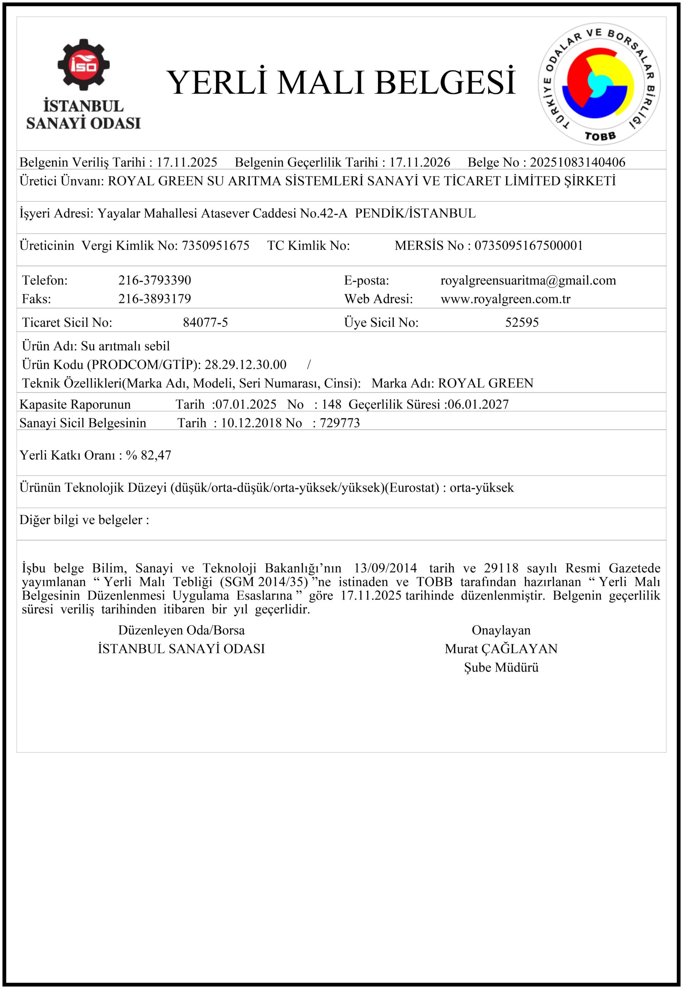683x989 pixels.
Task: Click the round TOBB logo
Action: pyautogui.click(x=599, y=84)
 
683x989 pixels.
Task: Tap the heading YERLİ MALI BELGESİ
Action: pyautogui.click(x=341, y=83)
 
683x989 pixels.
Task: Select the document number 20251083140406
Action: pyautogui.click(x=577, y=162)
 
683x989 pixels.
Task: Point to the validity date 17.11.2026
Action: pyautogui.click(x=419, y=162)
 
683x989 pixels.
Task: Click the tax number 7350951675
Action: pyautogui.click(x=215, y=246)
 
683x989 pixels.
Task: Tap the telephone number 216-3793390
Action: pyautogui.click(x=155, y=280)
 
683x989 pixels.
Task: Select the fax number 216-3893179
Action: pyautogui.click(x=155, y=299)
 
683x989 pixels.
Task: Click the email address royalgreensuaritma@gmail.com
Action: pyautogui.click(x=528, y=280)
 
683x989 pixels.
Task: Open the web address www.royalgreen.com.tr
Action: pyautogui.click(x=506, y=299)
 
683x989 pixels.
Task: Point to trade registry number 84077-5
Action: pyautogui.click(x=205, y=322)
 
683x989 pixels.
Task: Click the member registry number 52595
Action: pyautogui.click(x=522, y=322)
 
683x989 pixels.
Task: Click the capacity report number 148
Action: pyautogui.click(x=331, y=404)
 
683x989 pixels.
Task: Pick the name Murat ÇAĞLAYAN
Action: pyautogui.click(x=501, y=649)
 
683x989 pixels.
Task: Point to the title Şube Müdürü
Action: pyautogui.click(x=501, y=667)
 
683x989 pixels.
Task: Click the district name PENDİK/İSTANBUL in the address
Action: pyautogui.click(x=415, y=213)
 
